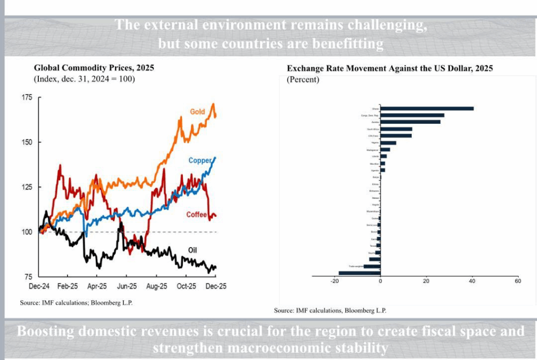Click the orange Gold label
click(x=197, y=112)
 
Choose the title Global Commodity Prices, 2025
click(x=94, y=68)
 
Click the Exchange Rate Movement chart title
click(x=390, y=69)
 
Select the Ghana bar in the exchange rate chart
click(x=427, y=109)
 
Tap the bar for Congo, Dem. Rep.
click(x=412, y=115)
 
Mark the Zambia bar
click(x=410, y=122)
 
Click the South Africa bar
click(x=396, y=129)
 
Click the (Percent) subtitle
click(x=303, y=79)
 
